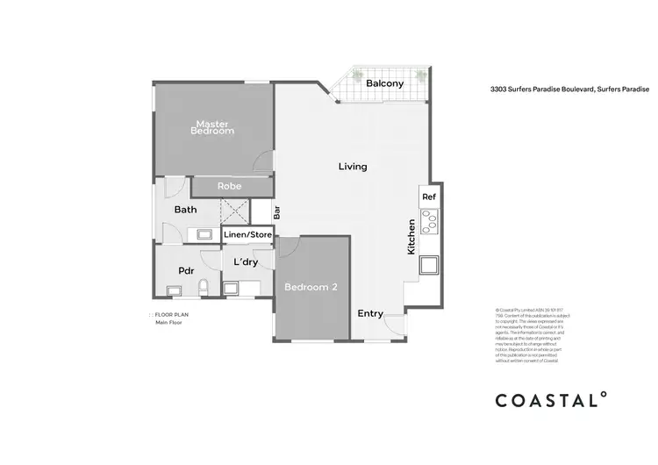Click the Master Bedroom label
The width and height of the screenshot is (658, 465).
(214, 126)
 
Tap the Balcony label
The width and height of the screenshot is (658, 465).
(385, 83)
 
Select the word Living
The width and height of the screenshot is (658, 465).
(353, 166)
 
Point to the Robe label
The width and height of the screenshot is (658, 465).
(230, 186)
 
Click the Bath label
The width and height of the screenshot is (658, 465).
(185, 210)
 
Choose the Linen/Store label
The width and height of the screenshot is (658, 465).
(248, 233)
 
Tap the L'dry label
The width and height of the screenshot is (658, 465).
(244, 261)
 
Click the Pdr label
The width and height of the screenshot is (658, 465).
(186, 271)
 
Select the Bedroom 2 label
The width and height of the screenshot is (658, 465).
(311, 286)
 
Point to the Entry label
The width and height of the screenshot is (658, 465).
(370, 313)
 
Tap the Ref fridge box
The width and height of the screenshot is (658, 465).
(428, 197)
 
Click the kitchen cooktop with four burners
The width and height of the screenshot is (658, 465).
(429, 222)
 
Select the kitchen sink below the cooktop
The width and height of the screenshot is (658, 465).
(430, 265)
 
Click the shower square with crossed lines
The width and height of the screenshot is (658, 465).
(234, 211)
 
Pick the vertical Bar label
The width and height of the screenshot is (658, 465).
(276, 211)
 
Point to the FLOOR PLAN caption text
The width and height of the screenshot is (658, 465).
(172, 313)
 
